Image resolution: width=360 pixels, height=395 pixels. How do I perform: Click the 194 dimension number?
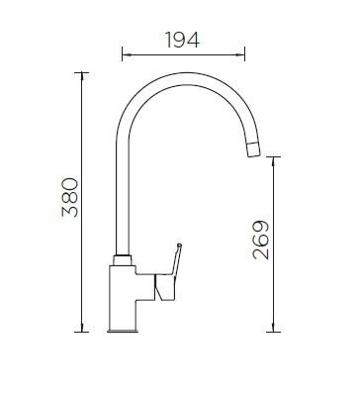coord(182,40)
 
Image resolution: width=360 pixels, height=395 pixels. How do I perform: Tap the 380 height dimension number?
coord(70,197)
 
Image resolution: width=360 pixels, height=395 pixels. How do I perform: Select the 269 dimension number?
coord(261,240)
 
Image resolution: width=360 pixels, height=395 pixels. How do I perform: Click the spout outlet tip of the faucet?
coord(253,149)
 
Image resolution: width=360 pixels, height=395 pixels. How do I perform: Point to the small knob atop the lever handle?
coord(179,246)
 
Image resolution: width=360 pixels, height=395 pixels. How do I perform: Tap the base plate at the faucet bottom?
coord(123,331)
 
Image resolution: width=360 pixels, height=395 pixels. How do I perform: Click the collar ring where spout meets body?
coord(123,259)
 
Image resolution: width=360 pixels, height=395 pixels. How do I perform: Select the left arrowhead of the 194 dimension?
coord(127,54)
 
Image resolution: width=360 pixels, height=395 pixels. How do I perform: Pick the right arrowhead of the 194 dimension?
coord(240,54)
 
